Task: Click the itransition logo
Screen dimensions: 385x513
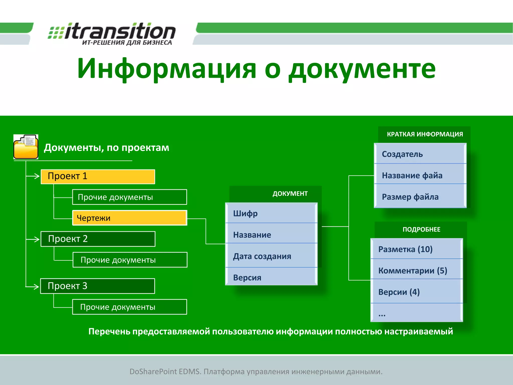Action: tap(112, 34)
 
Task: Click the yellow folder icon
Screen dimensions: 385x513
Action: tap(26, 147)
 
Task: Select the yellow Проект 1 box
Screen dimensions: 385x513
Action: tap(98, 176)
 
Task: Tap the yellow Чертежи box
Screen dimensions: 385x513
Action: tap(129, 218)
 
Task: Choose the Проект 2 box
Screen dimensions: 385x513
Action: tap(98, 239)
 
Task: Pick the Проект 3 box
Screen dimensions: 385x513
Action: tap(97, 286)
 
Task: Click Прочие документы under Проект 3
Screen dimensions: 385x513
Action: tap(130, 307)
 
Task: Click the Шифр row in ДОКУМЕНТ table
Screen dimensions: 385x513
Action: tap(271, 213)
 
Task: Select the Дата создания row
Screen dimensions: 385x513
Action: tap(271, 256)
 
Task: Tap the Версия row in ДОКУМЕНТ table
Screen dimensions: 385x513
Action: tap(271, 277)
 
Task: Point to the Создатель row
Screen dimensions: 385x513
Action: tap(420, 154)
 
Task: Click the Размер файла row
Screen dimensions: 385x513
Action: tap(420, 197)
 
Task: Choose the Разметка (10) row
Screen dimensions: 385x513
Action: tap(417, 249)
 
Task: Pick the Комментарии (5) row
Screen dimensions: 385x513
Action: tap(417, 270)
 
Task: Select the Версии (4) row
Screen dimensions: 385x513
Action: tap(417, 292)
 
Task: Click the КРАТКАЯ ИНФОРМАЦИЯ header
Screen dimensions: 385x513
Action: tap(425, 134)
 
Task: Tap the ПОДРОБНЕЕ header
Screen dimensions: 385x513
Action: tap(421, 229)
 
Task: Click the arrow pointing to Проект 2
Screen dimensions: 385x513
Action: tap(34, 239)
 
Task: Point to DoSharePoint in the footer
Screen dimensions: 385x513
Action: tap(153, 371)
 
